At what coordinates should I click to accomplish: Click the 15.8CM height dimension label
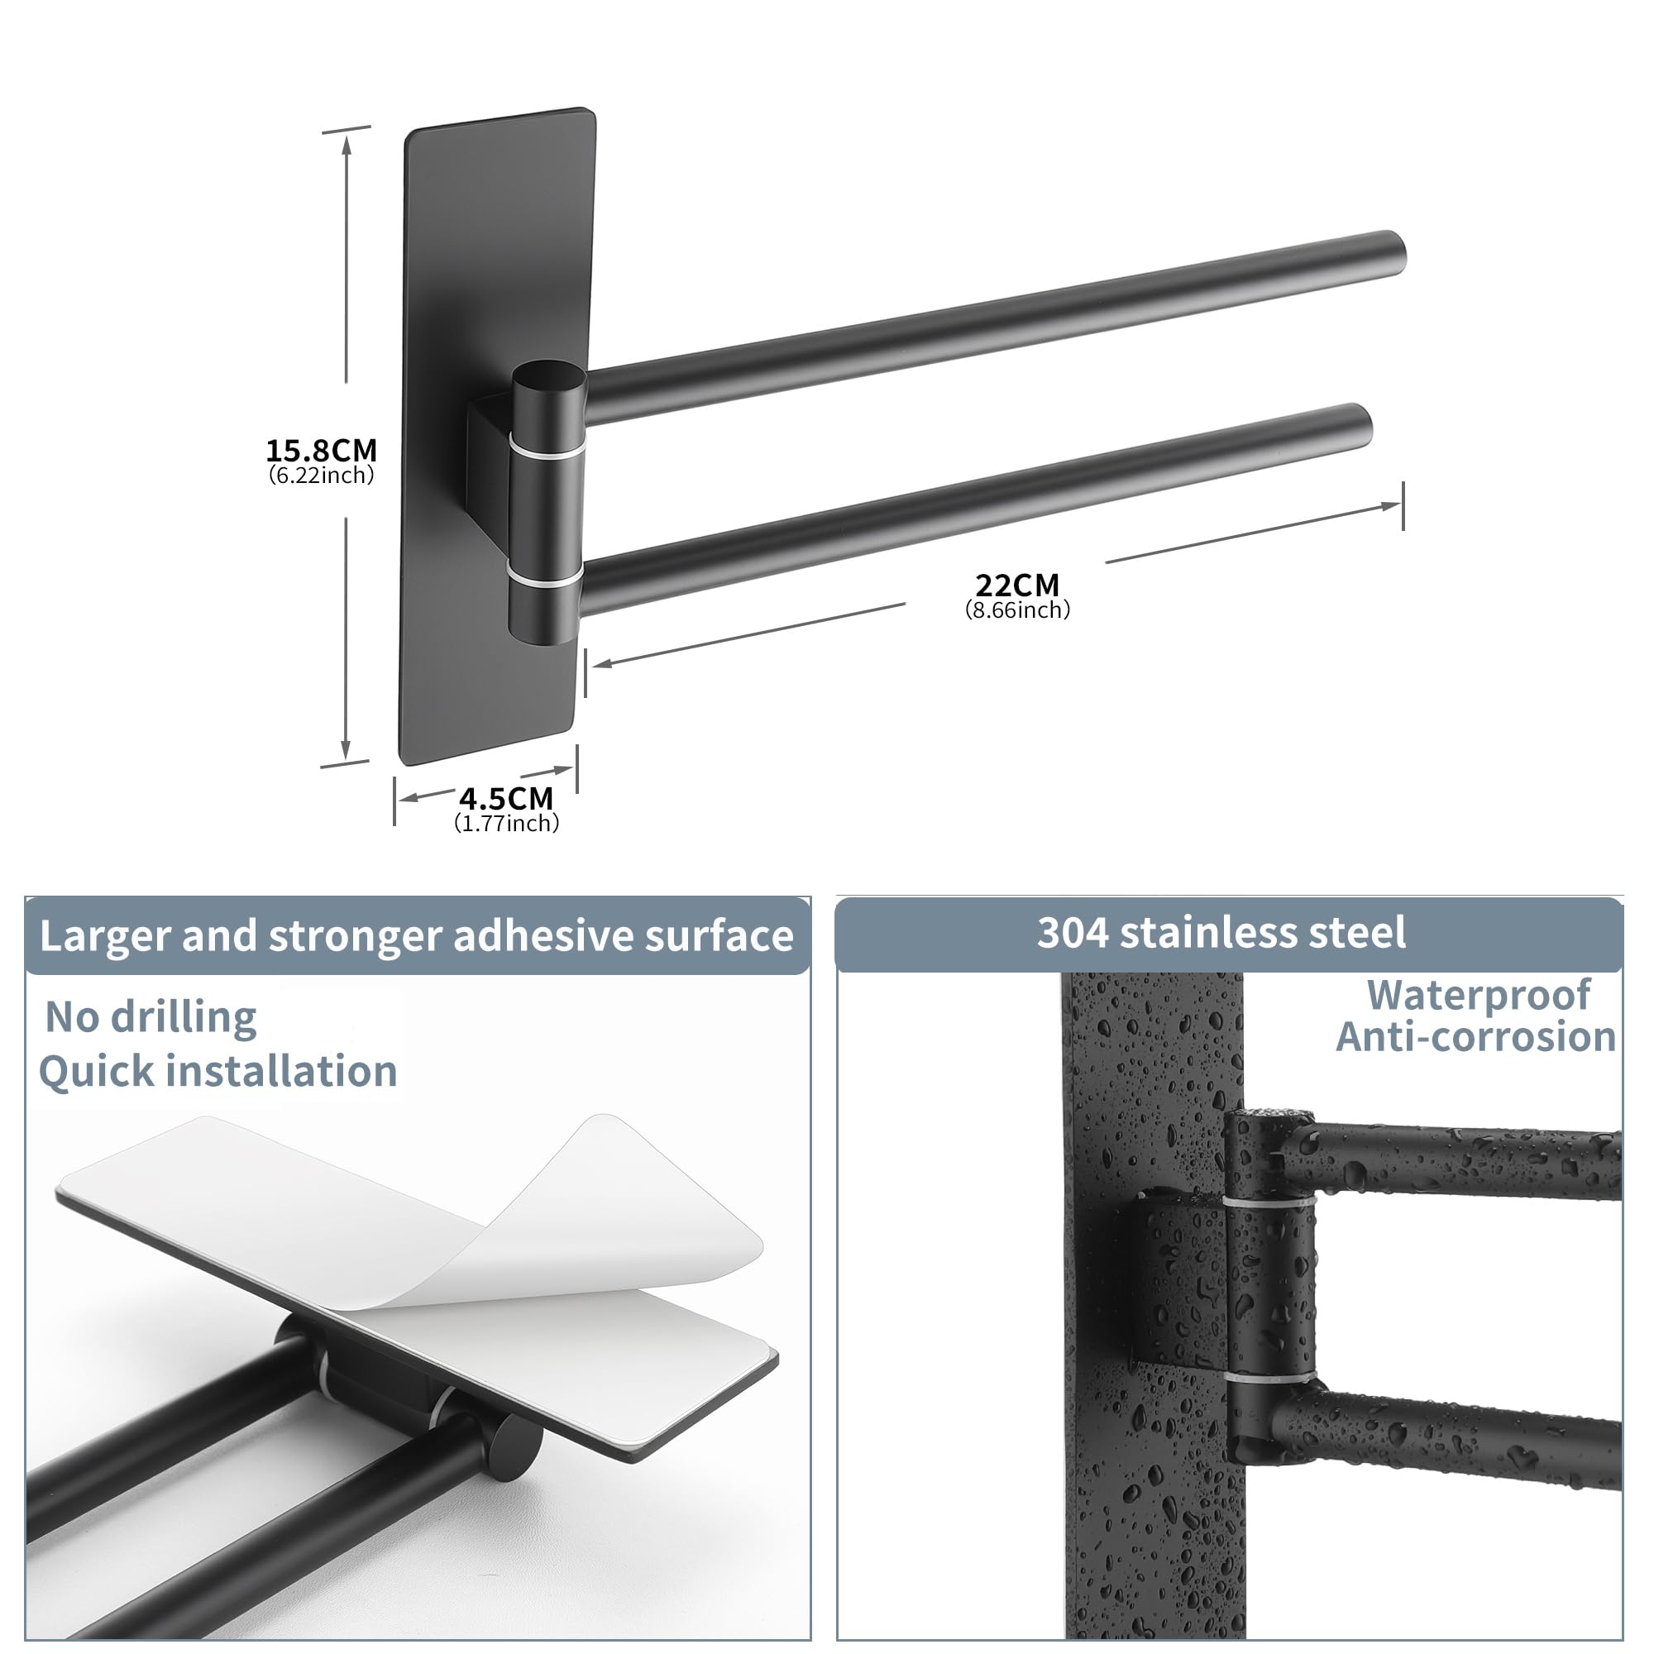click(321, 451)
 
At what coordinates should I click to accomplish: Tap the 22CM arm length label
click(1017, 586)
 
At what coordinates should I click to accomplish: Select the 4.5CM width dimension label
click(506, 799)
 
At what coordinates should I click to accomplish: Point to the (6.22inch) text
click(321, 476)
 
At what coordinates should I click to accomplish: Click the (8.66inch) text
click(1017, 609)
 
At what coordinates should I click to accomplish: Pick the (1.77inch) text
click(506, 823)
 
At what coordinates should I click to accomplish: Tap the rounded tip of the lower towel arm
click(1360, 423)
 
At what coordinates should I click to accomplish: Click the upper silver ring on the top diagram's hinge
click(549, 446)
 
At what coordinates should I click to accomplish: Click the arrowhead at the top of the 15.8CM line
click(347, 146)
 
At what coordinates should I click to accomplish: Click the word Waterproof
click(1479, 996)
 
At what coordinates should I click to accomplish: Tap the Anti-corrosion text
click(1476, 1037)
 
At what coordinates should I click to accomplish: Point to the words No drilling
click(151, 1017)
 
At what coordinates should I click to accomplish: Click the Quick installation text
click(218, 1071)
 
